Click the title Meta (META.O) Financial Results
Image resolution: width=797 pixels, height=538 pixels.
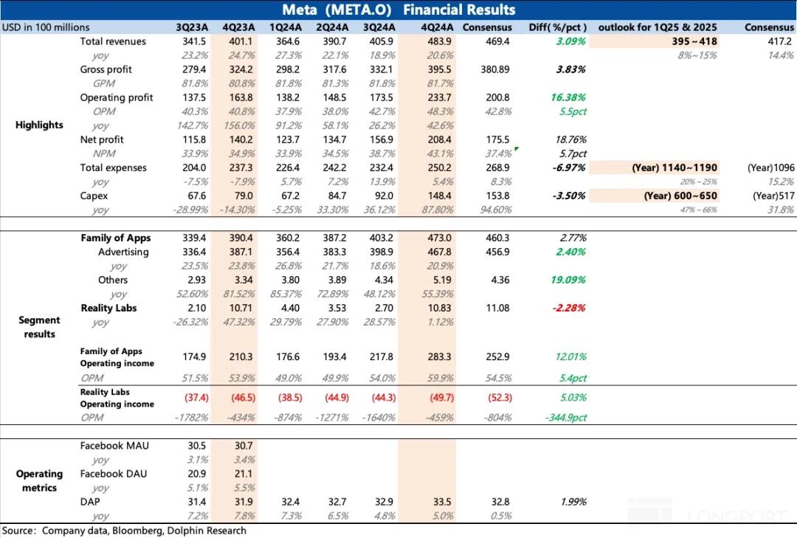pos(398,10)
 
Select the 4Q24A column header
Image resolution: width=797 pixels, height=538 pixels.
pos(438,27)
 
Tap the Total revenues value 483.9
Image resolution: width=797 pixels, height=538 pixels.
pos(438,41)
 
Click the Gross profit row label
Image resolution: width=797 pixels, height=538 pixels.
pos(107,69)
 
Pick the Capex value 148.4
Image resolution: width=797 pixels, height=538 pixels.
pos(438,196)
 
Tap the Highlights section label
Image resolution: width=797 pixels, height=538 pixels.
pos(39,125)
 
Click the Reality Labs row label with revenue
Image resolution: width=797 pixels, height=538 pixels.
pos(108,308)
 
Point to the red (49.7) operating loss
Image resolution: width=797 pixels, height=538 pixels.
pos(438,398)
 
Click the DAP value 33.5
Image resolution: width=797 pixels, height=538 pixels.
pos(438,502)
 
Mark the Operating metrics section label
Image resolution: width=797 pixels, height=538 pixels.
pos(39,480)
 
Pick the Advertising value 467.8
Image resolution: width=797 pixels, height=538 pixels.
pos(438,252)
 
